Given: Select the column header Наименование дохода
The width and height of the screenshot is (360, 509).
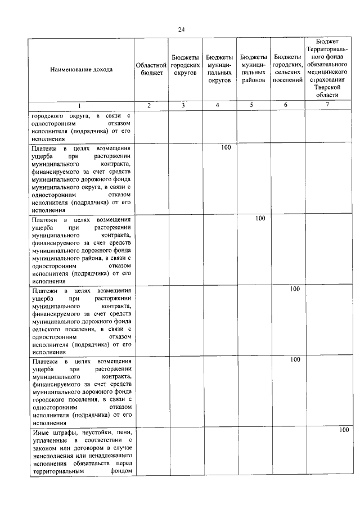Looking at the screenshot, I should click(x=81, y=70).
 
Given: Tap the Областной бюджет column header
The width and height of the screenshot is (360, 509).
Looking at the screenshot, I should click(x=149, y=69).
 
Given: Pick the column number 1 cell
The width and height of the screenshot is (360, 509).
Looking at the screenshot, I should click(x=80, y=106).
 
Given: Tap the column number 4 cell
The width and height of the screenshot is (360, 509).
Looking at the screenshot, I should click(x=219, y=106).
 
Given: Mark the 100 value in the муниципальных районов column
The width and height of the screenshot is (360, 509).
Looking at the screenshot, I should click(x=260, y=218).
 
